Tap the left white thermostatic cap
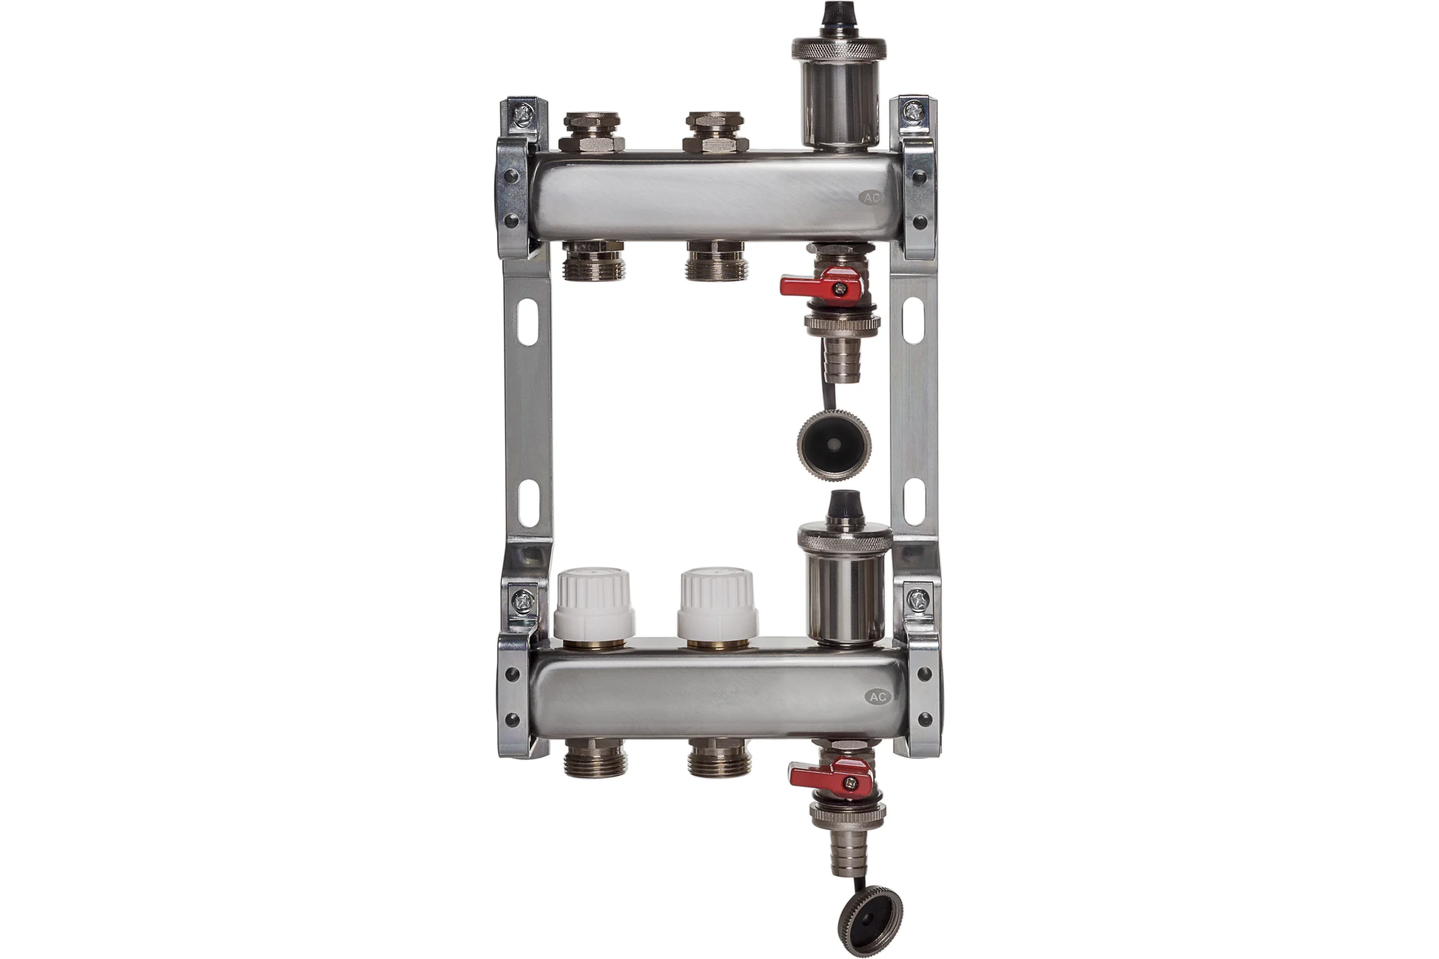click(x=594, y=603)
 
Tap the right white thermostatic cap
click(x=717, y=603)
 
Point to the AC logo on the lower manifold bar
click(x=877, y=696)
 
